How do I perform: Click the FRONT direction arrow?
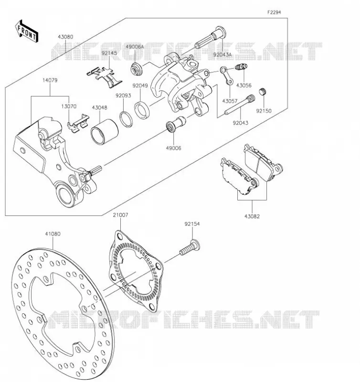pyautogui.click(x=27, y=31)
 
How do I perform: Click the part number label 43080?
pyautogui.click(x=65, y=37)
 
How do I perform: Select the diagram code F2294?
pyautogui.click(x=274, y=12)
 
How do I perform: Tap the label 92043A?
pyautogui.click(x=222, y=54)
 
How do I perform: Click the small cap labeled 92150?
pyautogui.click(x=262, y=92)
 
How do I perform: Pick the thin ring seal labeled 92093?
pyautogui.click(x=126, y=119)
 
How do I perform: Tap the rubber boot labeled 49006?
pyautogui.click(x=176, y=124)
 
